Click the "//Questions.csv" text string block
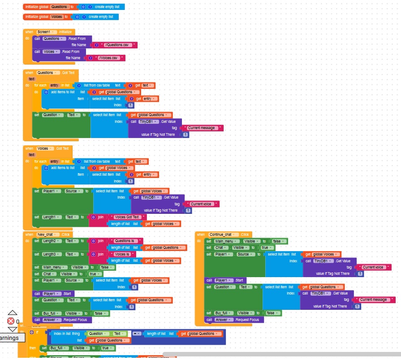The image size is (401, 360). [117, 45]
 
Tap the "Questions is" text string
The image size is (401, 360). [127, 241]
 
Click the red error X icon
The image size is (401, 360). [11, 321]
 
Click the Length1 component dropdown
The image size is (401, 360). [52, 217]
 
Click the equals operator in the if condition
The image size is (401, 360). [137, 334]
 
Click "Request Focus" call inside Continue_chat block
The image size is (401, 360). [247, 320]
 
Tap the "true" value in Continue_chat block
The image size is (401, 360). [265, 247]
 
